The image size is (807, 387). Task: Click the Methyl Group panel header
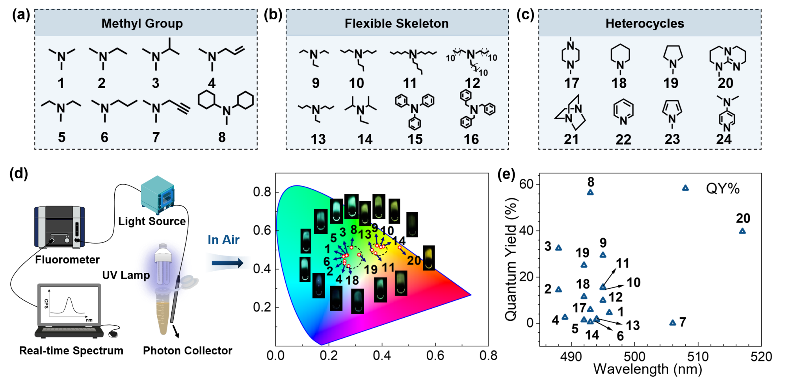tap(142, 24)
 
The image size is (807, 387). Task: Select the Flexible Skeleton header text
tap(396, 24)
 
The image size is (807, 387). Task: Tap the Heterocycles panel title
tap(645, 24)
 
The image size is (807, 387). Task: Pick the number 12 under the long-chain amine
tap(472, 83)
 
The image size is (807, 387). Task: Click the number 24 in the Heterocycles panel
tap(724, 139)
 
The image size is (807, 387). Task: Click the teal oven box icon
tap(158, 195)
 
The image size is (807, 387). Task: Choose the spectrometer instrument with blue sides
tap(60, 227)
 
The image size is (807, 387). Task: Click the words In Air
tap(223, 240)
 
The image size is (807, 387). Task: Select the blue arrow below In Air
tap(228, 263)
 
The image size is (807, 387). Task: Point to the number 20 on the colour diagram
tap(414, 260)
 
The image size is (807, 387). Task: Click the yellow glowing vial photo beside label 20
tap(429, 258)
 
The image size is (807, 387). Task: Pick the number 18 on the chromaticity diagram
tap(352, 280)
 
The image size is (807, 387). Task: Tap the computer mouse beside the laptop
tap(113, 335)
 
